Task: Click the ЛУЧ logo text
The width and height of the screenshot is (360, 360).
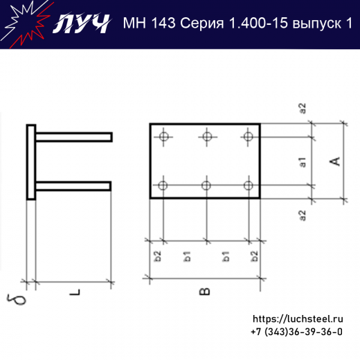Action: [x=81, y=24]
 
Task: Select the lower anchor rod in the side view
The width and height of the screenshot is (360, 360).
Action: [x=73, y=186]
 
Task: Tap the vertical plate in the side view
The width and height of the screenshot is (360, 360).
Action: [x=31, y=162]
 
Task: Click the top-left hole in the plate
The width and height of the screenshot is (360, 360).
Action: [x=163, y=136]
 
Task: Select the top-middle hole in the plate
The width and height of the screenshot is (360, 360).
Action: [x=206, y=136]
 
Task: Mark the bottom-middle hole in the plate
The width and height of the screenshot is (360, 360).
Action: [x=206, y=185]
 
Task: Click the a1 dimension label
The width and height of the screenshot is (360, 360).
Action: [x=303, y=163]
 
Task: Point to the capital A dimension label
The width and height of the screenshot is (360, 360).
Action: [x=334, y=161]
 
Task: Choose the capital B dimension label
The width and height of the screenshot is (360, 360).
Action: [x=204, y=291]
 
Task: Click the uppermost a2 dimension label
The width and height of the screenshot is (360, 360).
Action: [x=303, y=108]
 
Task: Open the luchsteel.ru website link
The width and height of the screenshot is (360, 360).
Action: [x=298, y=318]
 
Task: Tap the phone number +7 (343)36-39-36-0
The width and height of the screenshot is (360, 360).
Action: [x=296, y=332]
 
